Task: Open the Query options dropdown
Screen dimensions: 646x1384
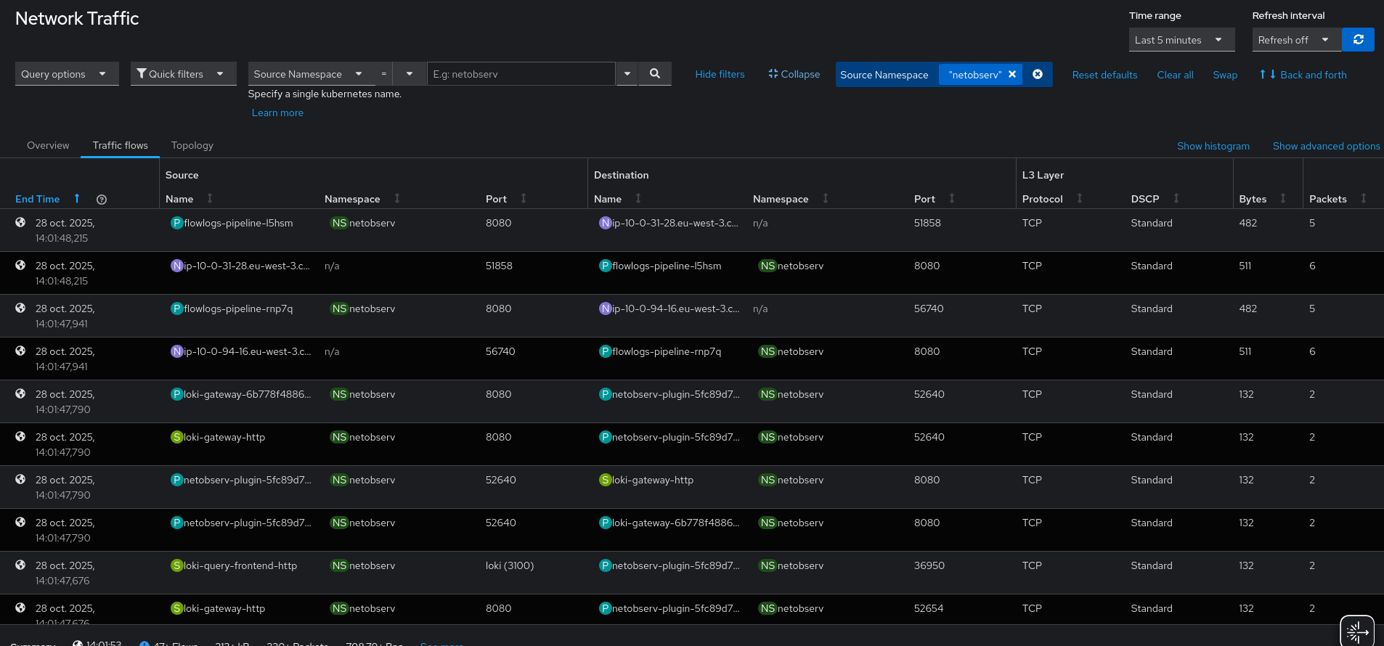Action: point(66,74)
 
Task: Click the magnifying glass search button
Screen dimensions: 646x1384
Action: point(654,74)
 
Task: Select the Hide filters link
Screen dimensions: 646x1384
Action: point(720,75)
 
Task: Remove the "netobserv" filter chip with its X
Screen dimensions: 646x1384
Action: point(1012,75)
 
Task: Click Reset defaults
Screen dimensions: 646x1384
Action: point(1104,75)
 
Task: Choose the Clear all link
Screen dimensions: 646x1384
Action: point(1175,75)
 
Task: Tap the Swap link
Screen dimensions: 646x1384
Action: point(1225,75)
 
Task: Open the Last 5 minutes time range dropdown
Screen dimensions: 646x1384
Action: point(1181,40)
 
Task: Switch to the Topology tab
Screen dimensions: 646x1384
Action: point(192,146)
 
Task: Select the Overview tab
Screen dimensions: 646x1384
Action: point(48,146)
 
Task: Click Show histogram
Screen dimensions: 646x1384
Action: point(1213,147)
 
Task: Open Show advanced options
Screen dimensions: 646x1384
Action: point(1326,147)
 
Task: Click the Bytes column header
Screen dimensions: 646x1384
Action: point(1253,199)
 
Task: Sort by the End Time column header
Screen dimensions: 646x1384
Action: point(38,199)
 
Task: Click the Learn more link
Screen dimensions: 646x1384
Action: point(277,113)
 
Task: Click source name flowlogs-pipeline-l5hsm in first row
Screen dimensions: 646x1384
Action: point(238,224)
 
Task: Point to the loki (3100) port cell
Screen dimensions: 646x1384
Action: point(510,566)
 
